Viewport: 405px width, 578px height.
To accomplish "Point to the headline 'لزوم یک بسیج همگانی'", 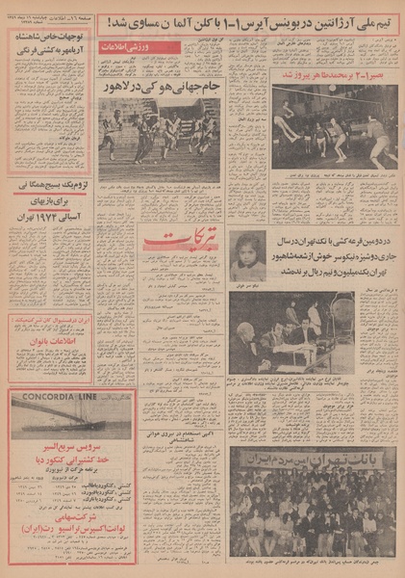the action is click(52, 182).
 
